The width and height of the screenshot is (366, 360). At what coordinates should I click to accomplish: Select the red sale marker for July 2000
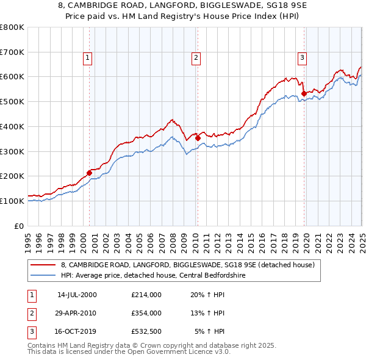89,173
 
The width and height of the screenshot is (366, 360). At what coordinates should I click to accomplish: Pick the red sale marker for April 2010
198,138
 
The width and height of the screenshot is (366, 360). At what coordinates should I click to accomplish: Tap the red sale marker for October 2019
303,93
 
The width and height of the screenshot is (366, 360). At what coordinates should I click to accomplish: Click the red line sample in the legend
43,265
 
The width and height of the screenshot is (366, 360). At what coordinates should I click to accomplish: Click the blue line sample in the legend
43,275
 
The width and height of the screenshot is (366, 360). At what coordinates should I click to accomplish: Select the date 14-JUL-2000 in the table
77,294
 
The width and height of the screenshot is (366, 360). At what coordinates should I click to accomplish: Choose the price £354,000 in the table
146,313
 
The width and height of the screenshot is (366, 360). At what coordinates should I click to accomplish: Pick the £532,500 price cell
146,332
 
